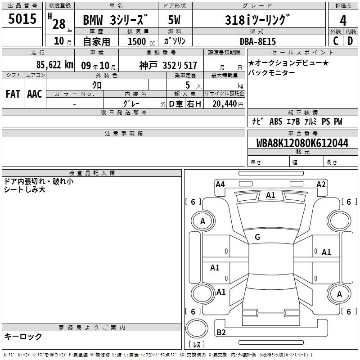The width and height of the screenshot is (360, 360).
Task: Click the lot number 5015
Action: point(22,19)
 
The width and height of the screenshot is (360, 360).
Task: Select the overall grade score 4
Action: point(343,21)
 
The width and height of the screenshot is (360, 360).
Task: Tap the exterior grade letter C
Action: point(336,41)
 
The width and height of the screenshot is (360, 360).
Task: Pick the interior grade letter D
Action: point(350,41)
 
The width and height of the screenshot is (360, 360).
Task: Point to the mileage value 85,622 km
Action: point(55,65)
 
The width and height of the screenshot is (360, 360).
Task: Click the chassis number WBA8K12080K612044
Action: point(302,143)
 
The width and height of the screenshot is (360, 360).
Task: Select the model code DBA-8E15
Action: point(258,41)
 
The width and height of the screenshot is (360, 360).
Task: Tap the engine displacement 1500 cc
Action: point(141,41)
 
